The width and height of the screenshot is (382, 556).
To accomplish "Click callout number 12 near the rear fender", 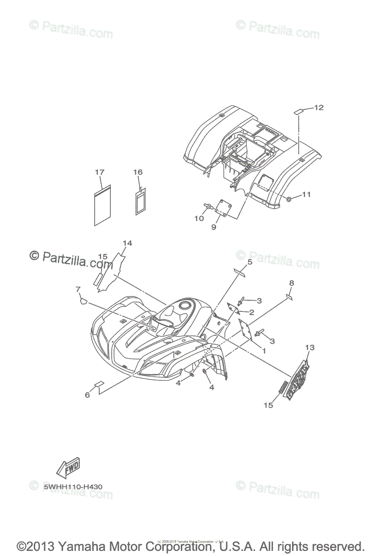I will [x=318, y=108].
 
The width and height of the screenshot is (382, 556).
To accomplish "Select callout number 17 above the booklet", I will [x=100, y=172].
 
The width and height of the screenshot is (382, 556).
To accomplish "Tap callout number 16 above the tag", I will [x=138, y=172].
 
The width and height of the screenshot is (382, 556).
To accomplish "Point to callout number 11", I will [x=306, y=195].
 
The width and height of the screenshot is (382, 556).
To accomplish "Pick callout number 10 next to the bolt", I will [x=199, y=218].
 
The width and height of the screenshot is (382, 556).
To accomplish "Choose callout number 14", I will [x=127, y=243].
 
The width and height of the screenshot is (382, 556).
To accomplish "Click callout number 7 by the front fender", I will [x=78, y=290].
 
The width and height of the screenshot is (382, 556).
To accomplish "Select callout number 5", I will [x=249, y=262].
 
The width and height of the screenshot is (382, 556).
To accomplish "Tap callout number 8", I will [x=291, y=283].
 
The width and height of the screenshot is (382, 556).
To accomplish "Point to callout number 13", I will [x=310, y=347].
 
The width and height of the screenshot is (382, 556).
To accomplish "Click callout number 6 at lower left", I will [x=87, y=395].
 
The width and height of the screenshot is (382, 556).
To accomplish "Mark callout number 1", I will [x=264, y=351].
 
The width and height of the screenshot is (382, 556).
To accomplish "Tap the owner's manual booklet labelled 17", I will [x=102, y=205].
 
